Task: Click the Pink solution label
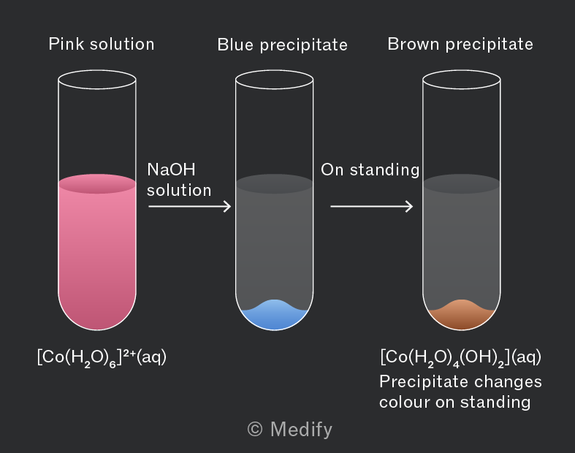(102, 45)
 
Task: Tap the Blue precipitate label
(282, 45)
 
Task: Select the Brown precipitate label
(460, 45)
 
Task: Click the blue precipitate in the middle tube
(274, 317)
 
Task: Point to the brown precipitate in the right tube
(462, 317)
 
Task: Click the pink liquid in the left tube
(97, 253)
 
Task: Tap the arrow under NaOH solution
(189, 206)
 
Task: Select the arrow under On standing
(371, 206)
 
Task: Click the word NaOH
(171, 170)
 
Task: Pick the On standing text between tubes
(370, 170)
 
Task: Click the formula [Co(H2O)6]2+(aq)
(102, 357)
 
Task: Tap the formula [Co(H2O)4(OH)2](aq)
(460, 357)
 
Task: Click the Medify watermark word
(301, 429)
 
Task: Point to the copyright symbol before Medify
(255, 429)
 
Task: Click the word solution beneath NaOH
(179, 191)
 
